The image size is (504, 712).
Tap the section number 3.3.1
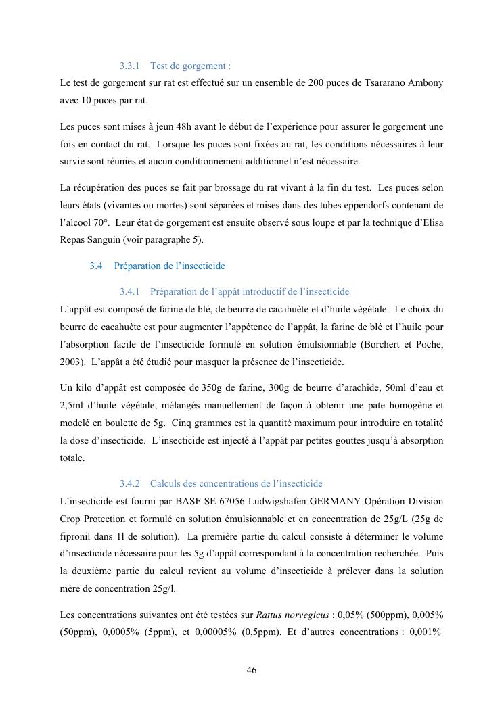[129, 66]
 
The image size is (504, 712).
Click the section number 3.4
[95, 266]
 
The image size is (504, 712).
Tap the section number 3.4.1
[129, 292]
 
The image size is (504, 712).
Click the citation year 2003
[71, 362]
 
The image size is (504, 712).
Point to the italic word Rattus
[270, 615]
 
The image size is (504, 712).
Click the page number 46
[252, 671]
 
